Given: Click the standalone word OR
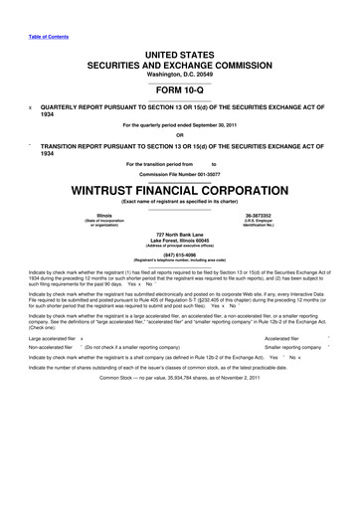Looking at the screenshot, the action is tap(180, 137).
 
